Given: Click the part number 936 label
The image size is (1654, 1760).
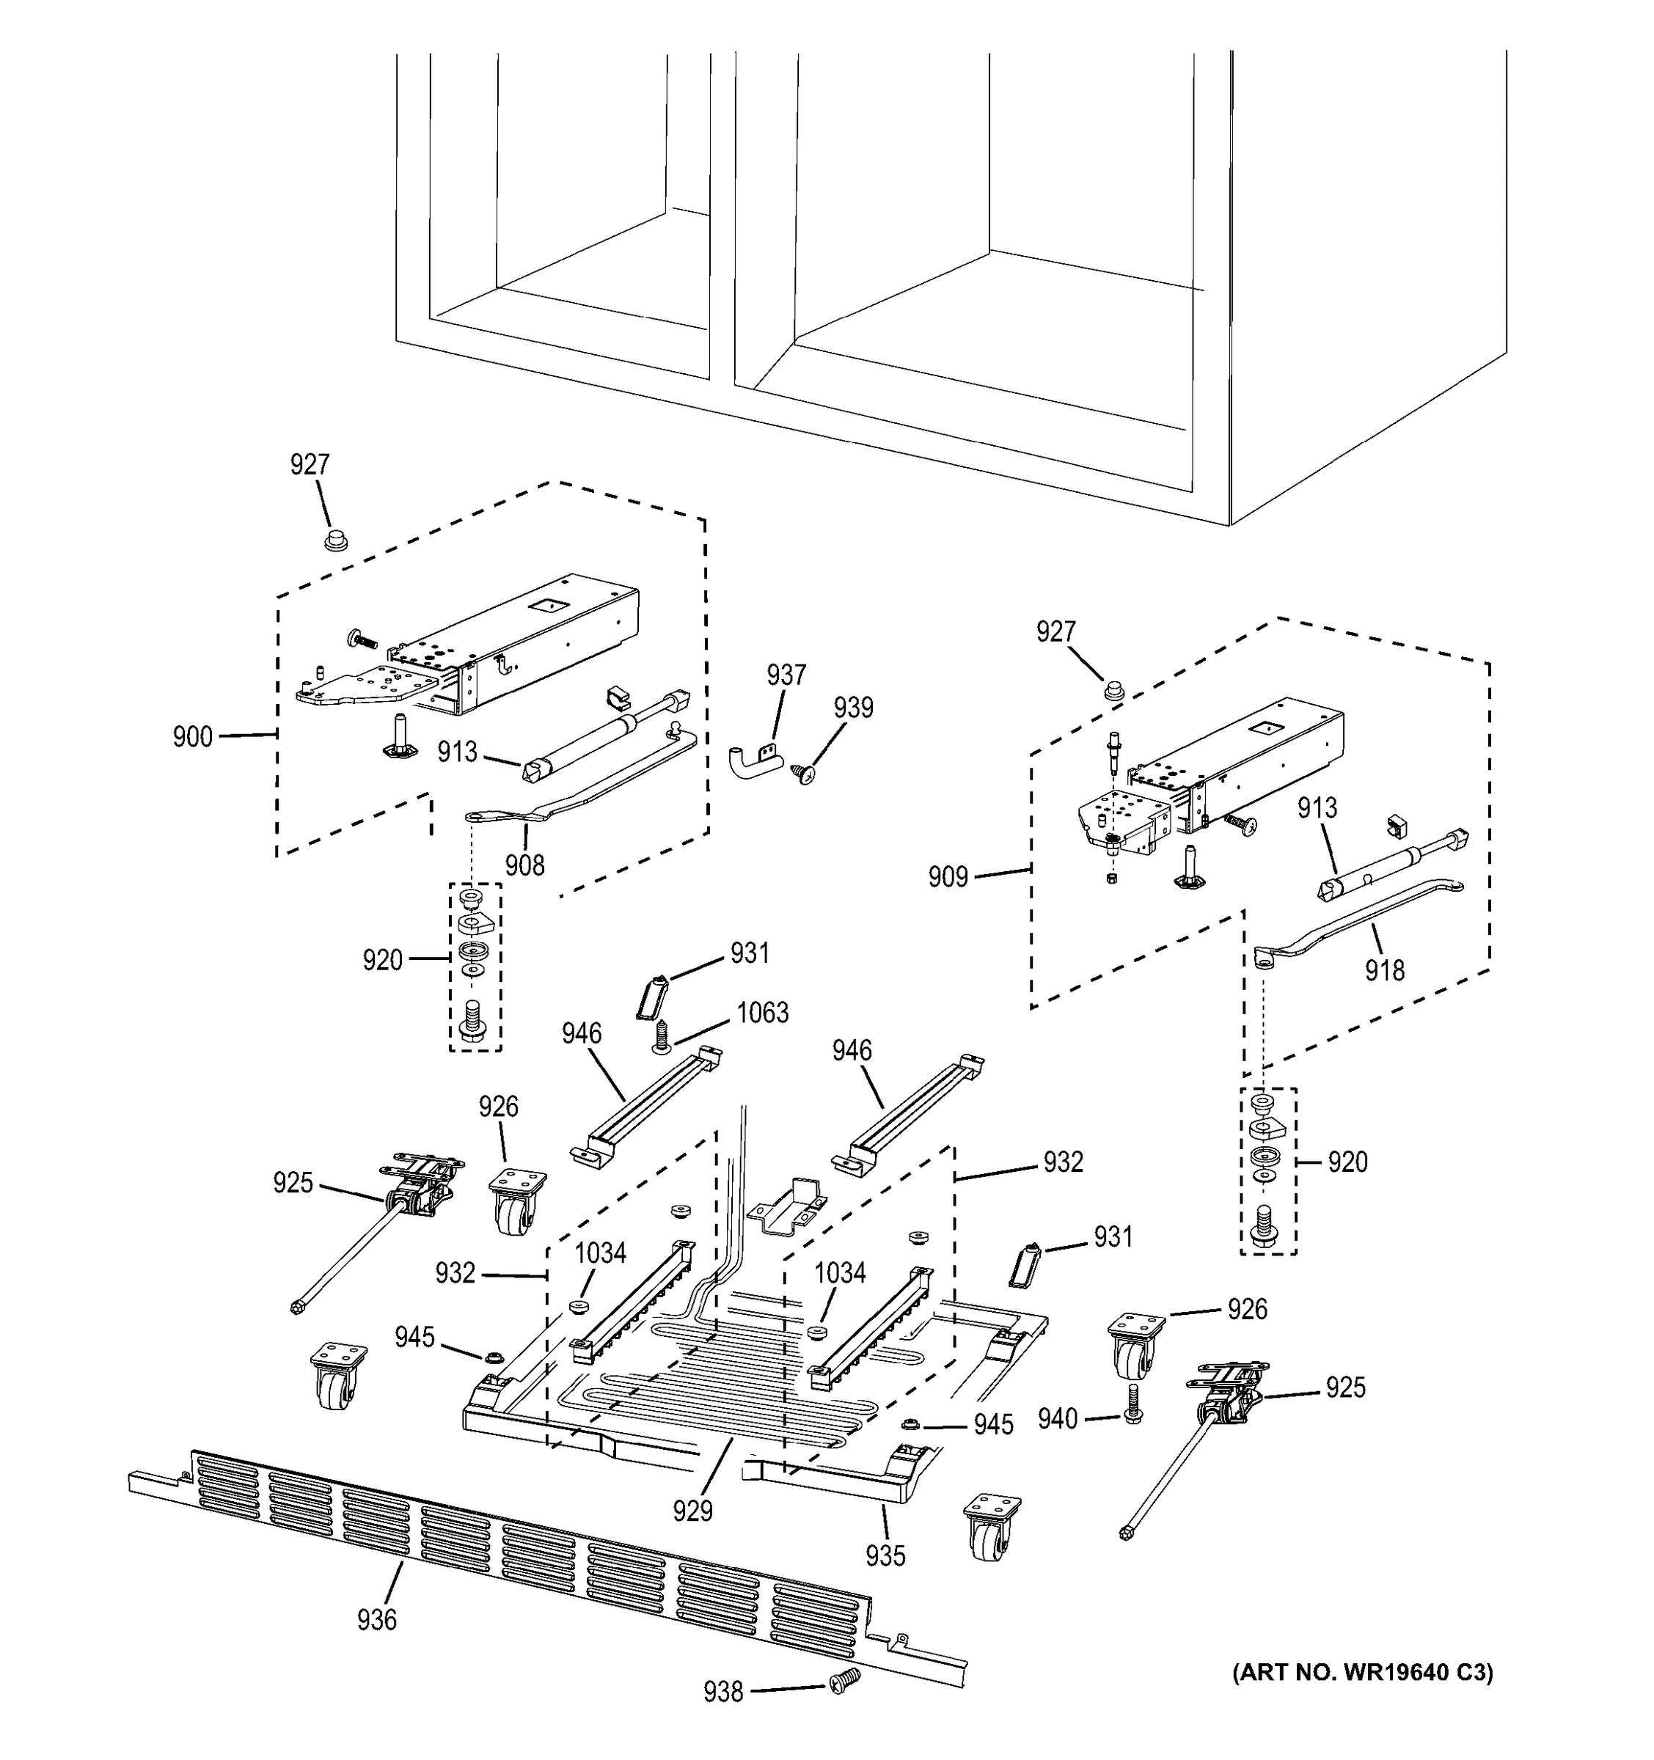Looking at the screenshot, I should click(376, 1620).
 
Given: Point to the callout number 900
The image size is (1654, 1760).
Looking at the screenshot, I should click(192, 736).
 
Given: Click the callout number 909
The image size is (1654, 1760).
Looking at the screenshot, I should click(948, 877).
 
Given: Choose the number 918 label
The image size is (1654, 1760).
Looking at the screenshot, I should click(1383, 970).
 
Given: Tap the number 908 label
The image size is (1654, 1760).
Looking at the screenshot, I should click(524, 864).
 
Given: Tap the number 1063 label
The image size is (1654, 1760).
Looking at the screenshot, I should click(762, 1012).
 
